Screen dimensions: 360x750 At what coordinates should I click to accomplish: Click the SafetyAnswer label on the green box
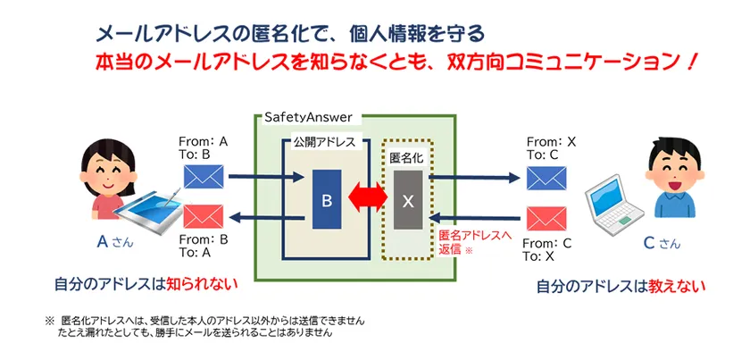click(308, 117)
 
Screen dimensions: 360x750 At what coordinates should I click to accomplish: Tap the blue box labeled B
click(327, 201)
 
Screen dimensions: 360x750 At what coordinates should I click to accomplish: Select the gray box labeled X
click(408, 202)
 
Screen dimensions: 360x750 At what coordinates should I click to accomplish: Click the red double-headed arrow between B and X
click(367, 200)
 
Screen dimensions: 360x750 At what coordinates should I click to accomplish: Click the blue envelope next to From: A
click(202, 176)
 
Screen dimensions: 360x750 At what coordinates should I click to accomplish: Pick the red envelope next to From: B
click(202, 217)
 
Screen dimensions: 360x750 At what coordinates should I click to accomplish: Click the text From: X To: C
click(552, 148)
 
